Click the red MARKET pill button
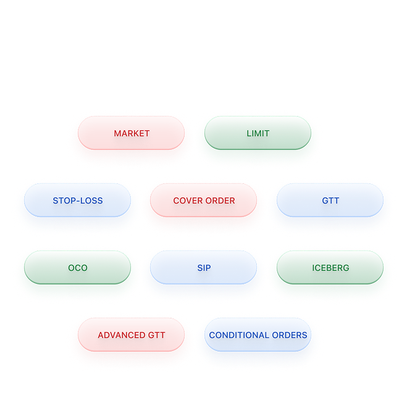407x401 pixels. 132,133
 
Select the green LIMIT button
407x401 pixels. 258,133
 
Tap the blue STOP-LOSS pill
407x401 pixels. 78,200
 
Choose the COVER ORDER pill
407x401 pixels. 204,200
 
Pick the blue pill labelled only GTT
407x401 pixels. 330,200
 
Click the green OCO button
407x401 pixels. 78,267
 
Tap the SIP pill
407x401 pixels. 204,267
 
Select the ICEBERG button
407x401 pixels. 330,267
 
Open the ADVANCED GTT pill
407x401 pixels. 132,334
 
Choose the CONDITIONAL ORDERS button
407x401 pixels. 258,334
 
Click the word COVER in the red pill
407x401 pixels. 188,200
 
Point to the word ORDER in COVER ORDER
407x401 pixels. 220,200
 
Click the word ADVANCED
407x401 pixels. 122,335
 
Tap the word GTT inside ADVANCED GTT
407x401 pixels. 156,335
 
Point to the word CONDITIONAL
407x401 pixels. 239,335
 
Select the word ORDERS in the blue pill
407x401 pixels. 290,335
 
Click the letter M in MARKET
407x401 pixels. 117,133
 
